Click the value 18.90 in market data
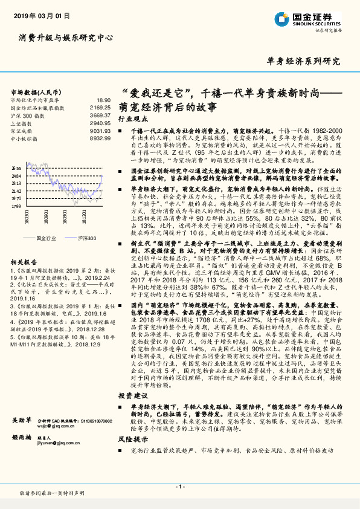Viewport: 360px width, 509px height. (103, 100)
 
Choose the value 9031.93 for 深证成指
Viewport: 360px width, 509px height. (100, 131)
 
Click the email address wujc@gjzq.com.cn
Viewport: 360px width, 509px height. (54, 426)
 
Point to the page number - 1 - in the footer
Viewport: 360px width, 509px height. (179, 487)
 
